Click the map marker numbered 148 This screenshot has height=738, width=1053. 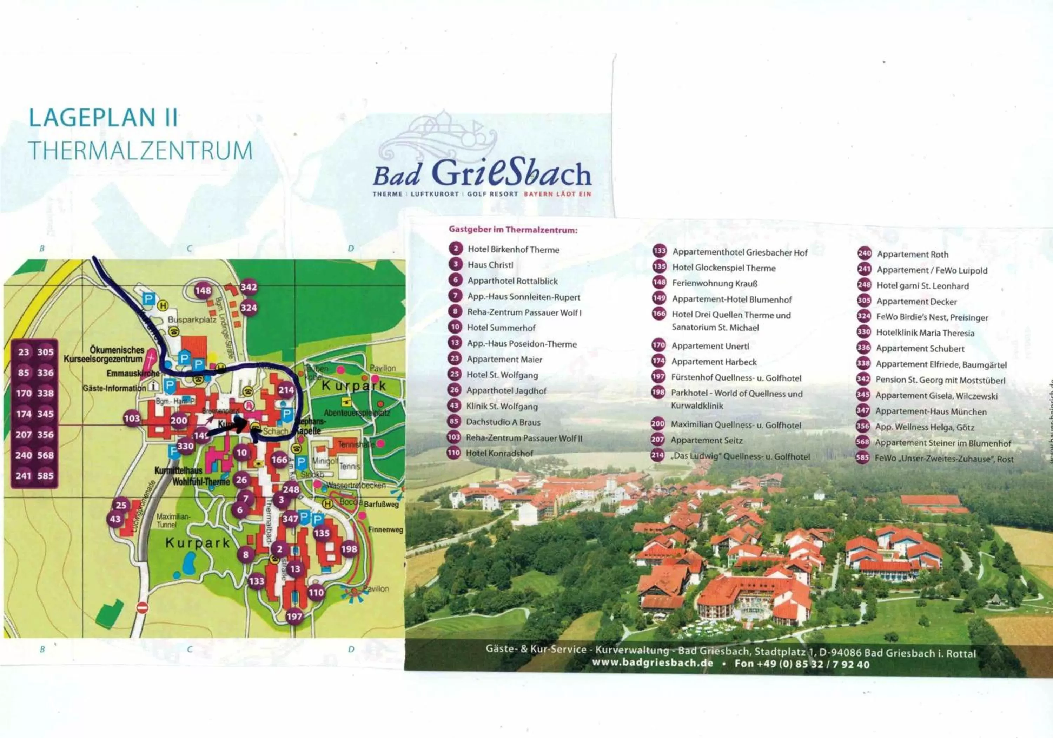[x=203, y=290]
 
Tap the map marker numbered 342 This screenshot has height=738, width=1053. [x=249, y=288]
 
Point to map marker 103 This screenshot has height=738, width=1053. [x=132, y=418]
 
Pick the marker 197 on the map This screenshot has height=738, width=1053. [x=294, y=617]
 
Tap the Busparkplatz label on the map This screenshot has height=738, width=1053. [x=192, y=320]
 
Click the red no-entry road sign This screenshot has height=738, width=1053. [x=143, y=608]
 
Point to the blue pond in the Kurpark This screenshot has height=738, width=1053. [x=188, y=563]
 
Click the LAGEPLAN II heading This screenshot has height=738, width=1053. [x=103, y=118]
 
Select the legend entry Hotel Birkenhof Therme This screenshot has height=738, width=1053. [x=513, y=250]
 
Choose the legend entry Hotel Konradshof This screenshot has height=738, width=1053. [x=499, y=453]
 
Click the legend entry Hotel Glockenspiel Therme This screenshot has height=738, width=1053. [x=724, y=268]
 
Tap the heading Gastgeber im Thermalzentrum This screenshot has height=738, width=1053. [x=513, y=230]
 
